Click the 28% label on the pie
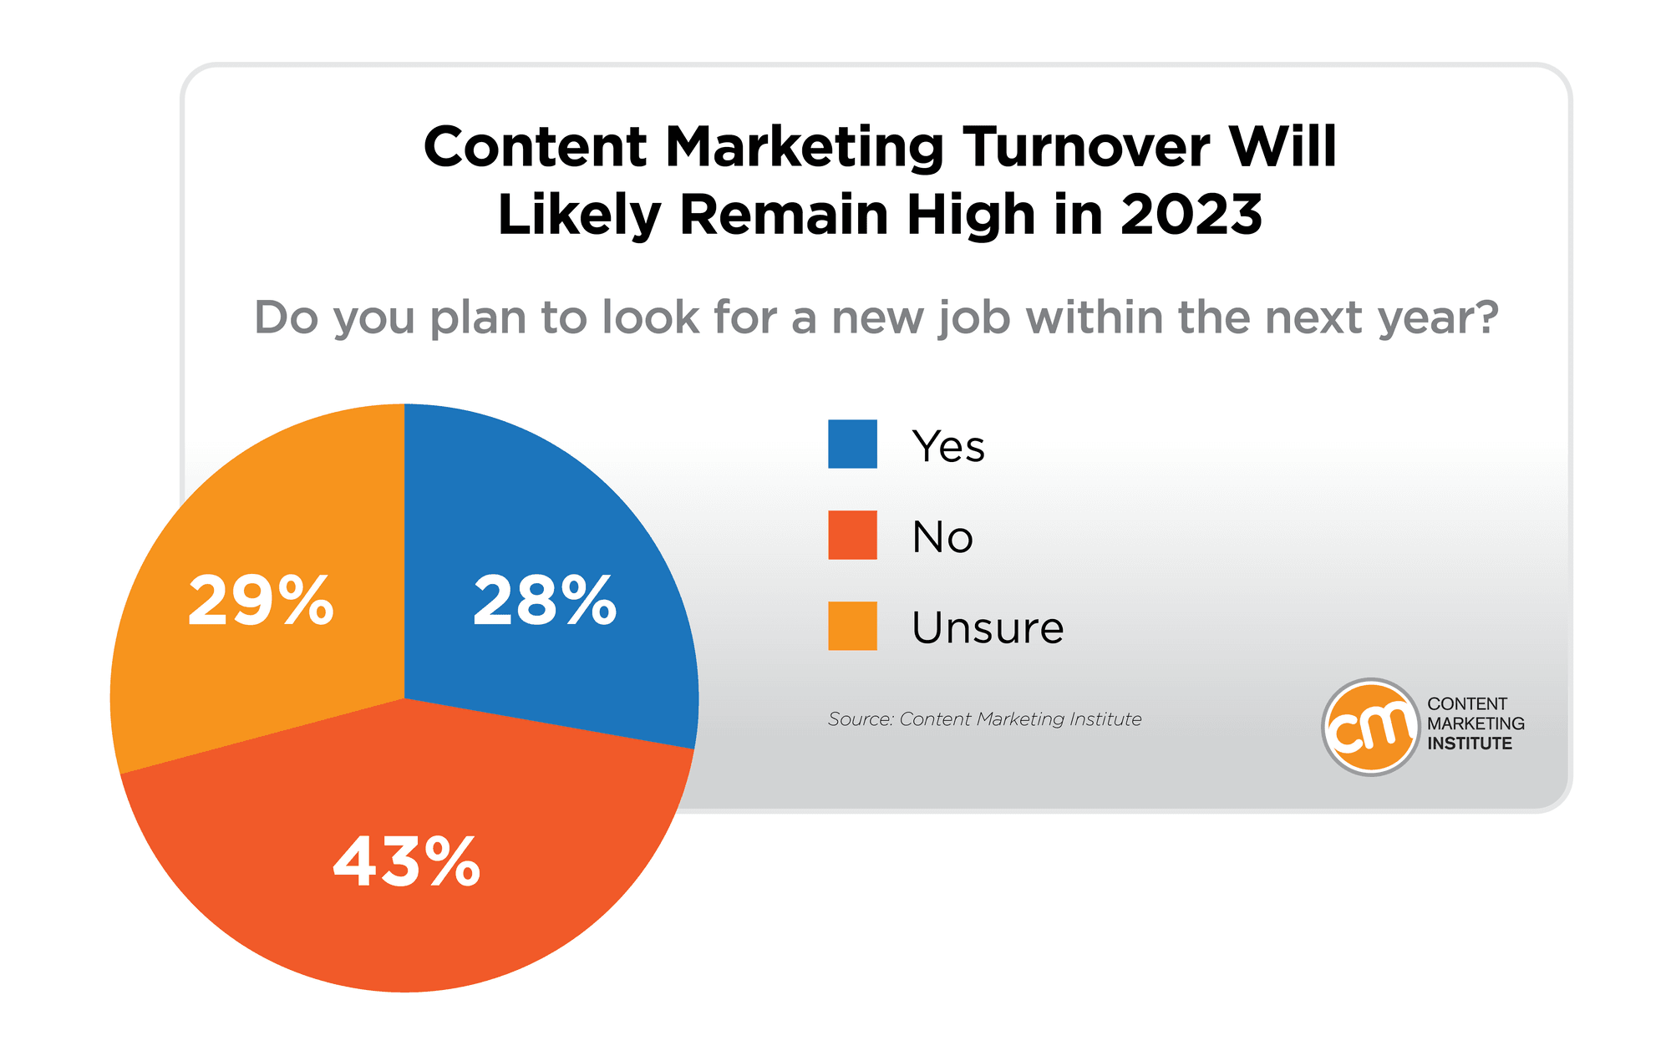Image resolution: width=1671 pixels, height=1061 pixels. (x=545, y=601)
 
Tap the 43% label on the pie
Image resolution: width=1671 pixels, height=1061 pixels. (x=407, y=861)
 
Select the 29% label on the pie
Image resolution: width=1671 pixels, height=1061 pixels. (x=261, y=601)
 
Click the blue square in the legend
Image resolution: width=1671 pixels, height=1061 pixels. (x=852, y=444)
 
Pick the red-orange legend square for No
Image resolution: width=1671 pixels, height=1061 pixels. (x=852, y=535)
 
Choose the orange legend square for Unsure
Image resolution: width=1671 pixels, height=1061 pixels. (x=852, y=626)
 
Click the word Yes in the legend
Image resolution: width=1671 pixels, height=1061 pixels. (x=948, y=446)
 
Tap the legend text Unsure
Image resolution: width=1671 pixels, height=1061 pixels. (x=988, y=628)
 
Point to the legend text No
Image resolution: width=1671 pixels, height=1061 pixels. (x=942, y=537)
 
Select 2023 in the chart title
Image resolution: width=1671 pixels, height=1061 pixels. (x=1191, y=216)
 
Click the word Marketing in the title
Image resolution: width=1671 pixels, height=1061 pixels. (x=805, y=148)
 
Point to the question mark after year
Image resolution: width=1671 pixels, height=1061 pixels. (x=1484, y=317)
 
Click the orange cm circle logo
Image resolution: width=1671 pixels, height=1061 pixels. (x=1370, y=727)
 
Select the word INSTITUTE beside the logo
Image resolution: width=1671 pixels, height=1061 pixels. (x=1470, y=744)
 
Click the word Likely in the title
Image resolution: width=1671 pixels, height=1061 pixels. (x=580, y=216)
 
